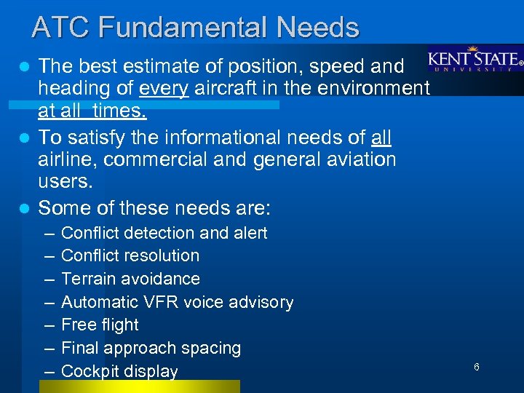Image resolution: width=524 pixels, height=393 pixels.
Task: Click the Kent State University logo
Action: click(x=475, y=60)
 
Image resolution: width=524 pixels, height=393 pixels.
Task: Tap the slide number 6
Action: click(x=477, y=367)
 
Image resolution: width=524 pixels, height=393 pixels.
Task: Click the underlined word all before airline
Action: click(x=381, y=136)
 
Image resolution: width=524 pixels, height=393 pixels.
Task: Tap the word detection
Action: click(x=163, y=233)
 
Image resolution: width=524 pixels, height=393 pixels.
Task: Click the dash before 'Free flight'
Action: click(x=48, y=325)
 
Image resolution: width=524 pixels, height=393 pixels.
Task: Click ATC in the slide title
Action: click(x=61, y=28)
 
